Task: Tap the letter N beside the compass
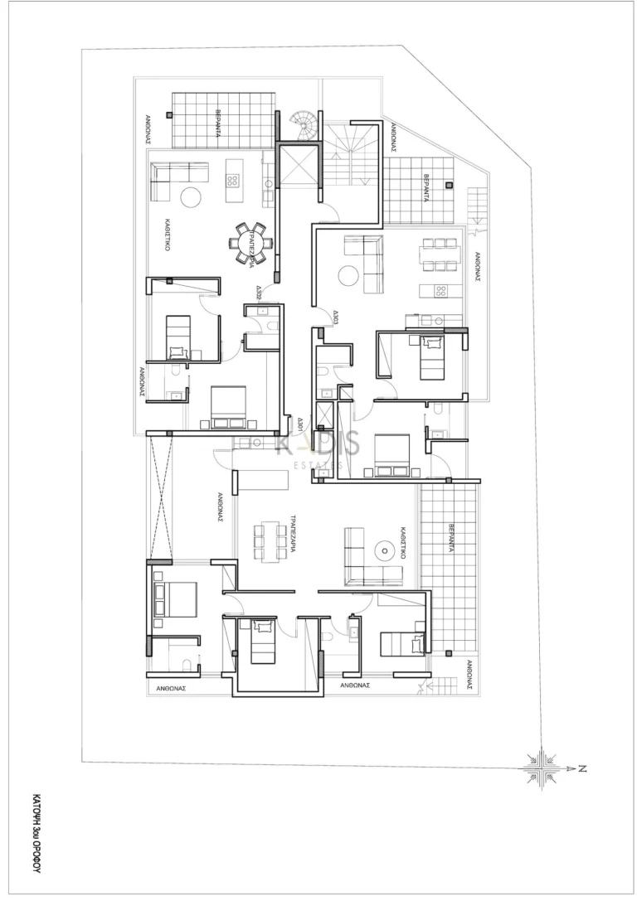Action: [582, 769]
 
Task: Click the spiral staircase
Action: [304, 127]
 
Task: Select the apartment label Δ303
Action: [336, 317]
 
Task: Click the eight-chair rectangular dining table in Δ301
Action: [268, 542]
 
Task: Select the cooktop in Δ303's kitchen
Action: [441, 290]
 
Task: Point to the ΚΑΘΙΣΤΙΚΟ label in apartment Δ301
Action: [401, 543]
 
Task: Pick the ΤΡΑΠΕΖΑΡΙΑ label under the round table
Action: [250, 264]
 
